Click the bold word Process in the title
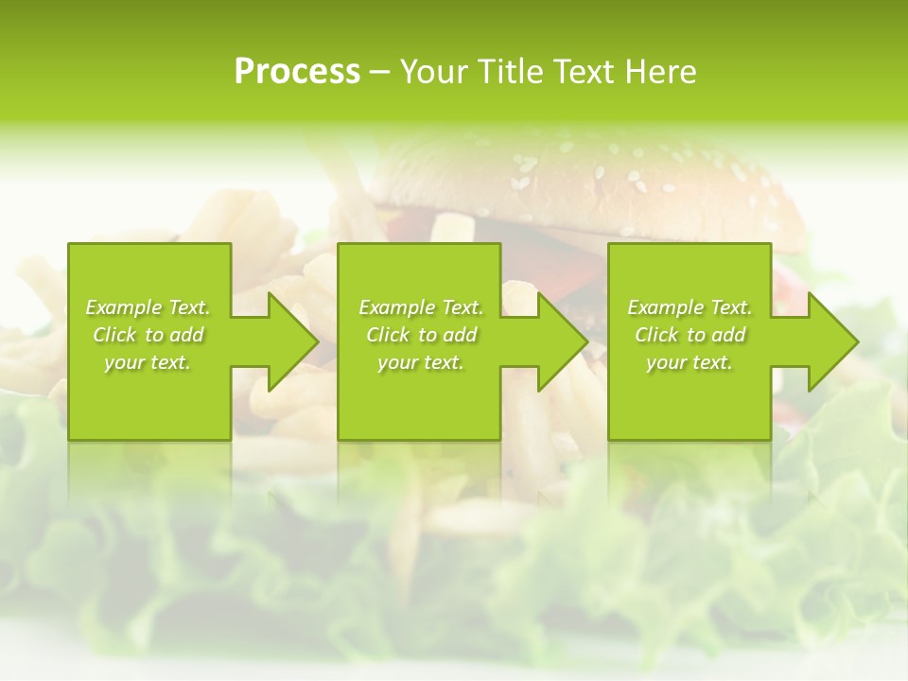click(297, 72)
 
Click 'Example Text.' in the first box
click(148, 307)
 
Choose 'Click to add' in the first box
click(148, 335)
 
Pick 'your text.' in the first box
click(148, 362)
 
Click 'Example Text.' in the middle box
click(421, 307)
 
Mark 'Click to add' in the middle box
click(421, 335)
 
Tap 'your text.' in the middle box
click(421, 362)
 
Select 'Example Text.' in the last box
click(690, 307)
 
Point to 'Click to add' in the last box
click(690, 335)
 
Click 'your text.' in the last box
click(690, 362)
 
